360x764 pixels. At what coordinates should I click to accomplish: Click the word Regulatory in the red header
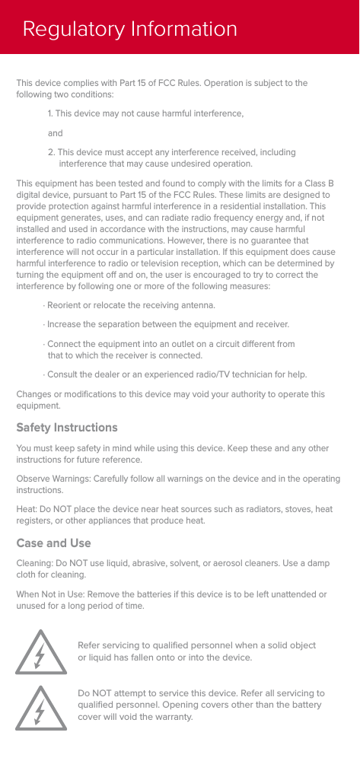[x=63, y=30]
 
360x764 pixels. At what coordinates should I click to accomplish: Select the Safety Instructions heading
[x=67, y=428]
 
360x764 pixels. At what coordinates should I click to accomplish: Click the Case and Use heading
[x=53, y=543]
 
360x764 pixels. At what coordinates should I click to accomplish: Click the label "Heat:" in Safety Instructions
[x=27, y=508]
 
